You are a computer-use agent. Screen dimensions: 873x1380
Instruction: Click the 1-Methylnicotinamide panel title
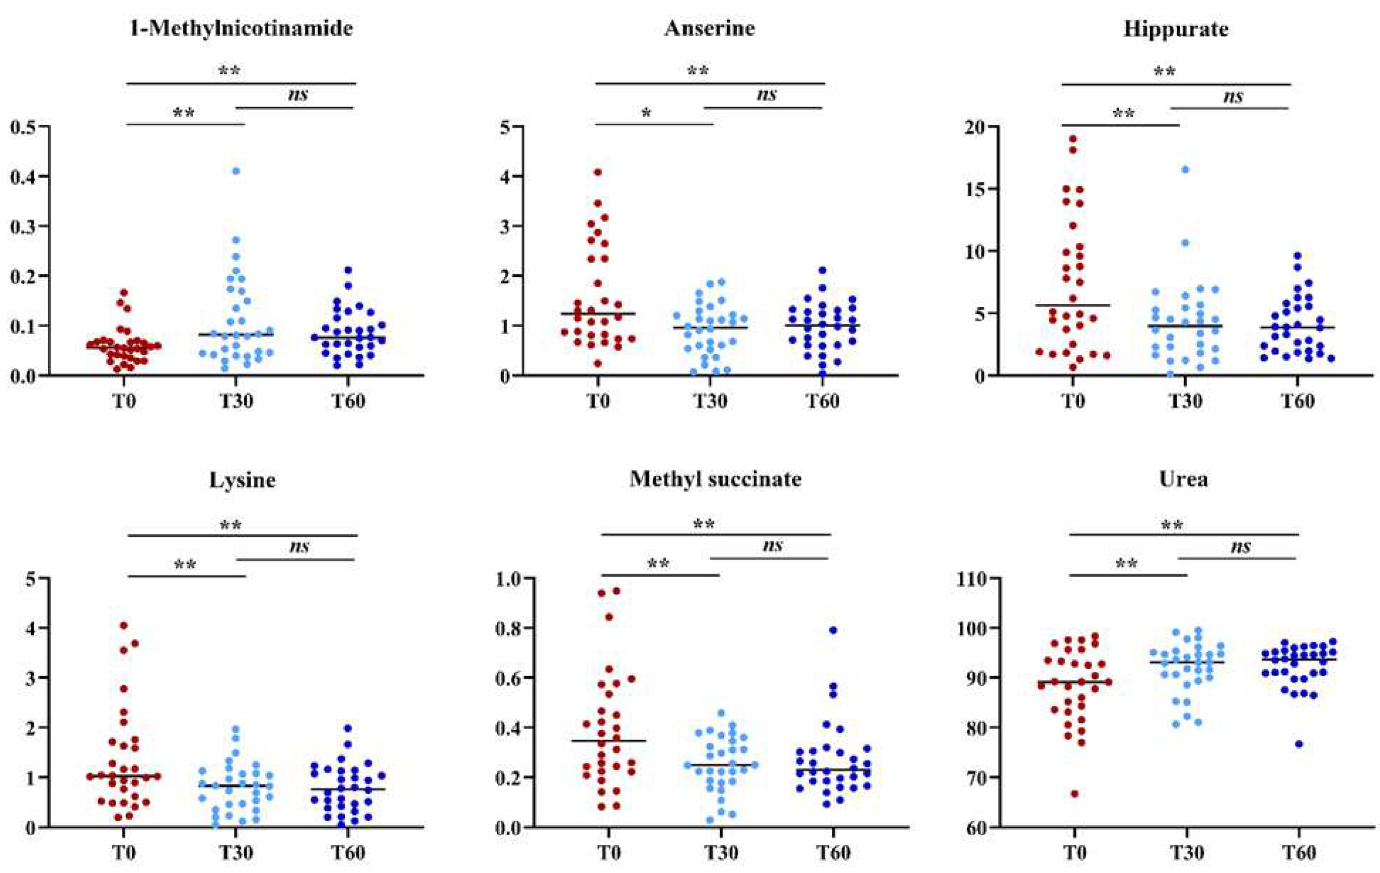click(x=241, y=29)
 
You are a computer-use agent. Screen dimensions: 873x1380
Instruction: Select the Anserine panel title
click(x=710, y=29)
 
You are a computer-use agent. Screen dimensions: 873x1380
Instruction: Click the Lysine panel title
click(x=243, y=480)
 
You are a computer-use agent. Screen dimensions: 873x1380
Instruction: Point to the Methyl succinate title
click(x=715, y=479)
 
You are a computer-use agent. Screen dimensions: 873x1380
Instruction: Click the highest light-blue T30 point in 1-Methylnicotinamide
click(x=236, y=171)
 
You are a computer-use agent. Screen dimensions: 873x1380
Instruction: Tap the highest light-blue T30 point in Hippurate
click(x=1185, y=170)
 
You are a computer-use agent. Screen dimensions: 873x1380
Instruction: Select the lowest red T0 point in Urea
click(x=1075, y=794)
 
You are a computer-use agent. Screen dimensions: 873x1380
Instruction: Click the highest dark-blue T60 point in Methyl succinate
click(x=833, y=630)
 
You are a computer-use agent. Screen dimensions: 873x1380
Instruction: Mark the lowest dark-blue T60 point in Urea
click(x=1298, y=744)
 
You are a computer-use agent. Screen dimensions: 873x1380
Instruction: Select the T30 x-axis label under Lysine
click(x=236, y=852)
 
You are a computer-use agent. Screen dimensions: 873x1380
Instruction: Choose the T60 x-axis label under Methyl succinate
click(x=833, y=852)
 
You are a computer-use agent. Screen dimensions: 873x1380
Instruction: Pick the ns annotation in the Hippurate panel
click(x=1233, y=96)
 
